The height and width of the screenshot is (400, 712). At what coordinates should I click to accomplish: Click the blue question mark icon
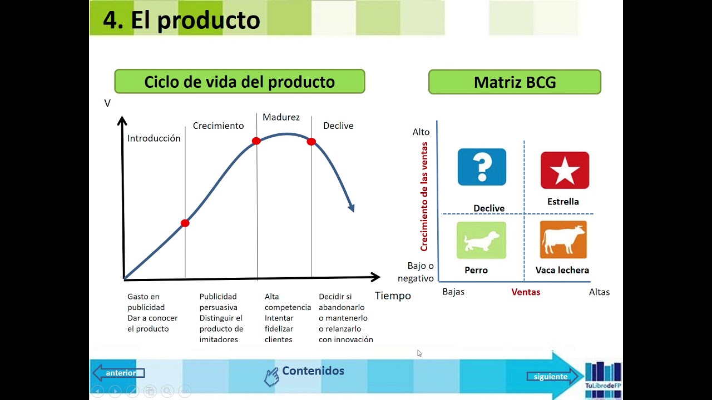[482, 167]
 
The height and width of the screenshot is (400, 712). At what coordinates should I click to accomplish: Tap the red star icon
[565, 170]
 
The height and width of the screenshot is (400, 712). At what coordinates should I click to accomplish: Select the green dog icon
[481, 240]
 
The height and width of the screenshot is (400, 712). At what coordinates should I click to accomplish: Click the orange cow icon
[563, 240]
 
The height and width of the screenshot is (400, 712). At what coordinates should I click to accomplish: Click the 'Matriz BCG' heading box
[515, 82]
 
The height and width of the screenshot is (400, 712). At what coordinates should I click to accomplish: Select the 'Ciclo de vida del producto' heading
[239, 82]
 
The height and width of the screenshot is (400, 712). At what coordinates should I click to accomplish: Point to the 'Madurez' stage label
[281, 117]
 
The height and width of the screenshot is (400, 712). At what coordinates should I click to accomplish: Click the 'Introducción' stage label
[154, 138]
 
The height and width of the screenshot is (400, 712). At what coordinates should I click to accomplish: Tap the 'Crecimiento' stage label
[218, 126]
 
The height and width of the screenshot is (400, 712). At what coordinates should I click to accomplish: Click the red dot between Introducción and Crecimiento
[185, 223]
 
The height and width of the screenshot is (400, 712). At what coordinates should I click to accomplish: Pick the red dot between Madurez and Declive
[311, 142]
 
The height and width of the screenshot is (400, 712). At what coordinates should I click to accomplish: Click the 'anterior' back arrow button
[119, 373]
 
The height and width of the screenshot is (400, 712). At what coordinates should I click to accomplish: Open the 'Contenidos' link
[313, 371]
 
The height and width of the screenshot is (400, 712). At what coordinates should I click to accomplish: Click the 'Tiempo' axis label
[393, 296]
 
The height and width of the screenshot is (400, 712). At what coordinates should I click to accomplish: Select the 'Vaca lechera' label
[562, 270]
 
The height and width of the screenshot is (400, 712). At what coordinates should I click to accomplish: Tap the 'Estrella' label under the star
[563, 202]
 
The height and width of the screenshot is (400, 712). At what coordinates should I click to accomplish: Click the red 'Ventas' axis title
[526, 292]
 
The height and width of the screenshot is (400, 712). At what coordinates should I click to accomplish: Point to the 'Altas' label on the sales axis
[599, 292]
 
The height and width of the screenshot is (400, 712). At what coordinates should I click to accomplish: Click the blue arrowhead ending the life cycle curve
[352, 208]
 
